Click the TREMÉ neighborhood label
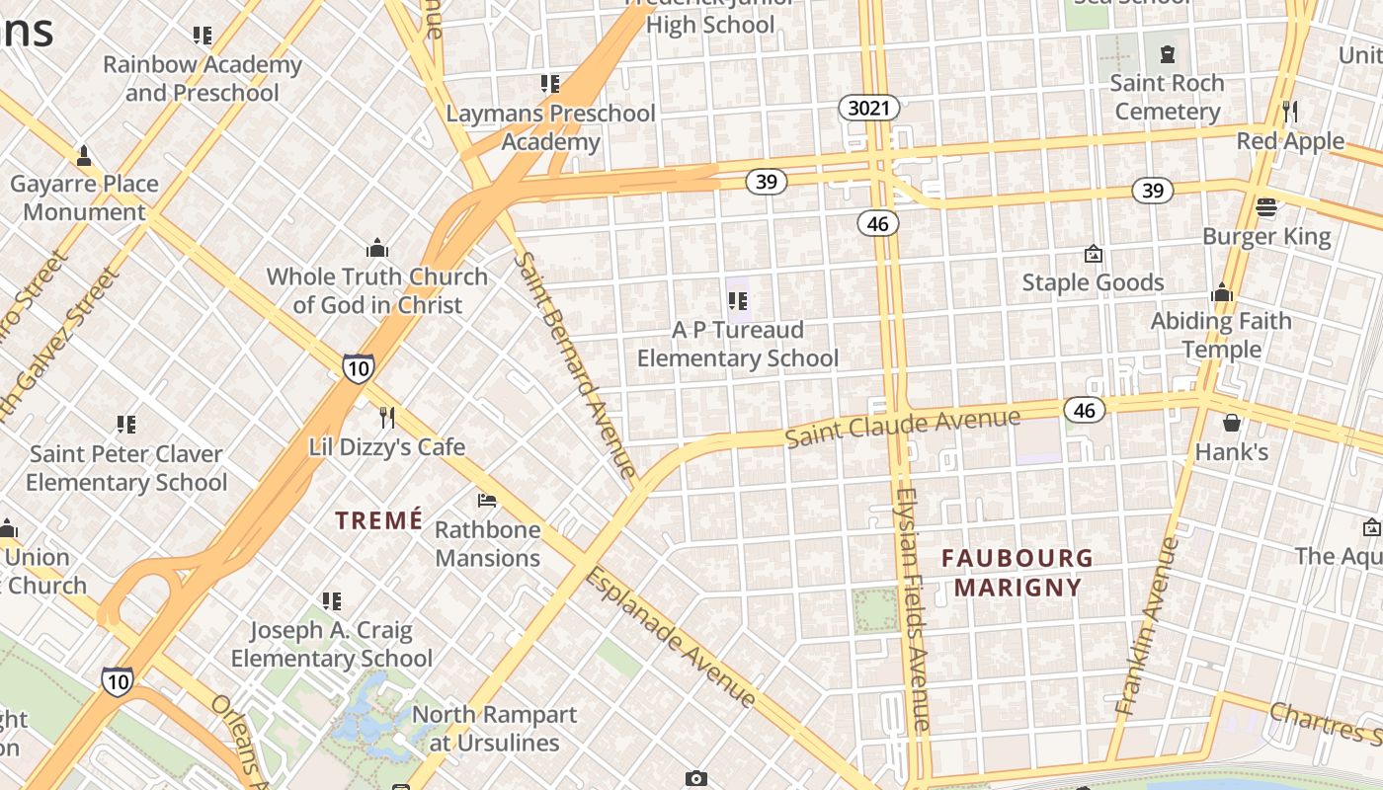378,520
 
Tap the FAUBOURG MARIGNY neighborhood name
1017,573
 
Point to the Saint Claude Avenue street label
903,427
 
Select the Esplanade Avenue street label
671,637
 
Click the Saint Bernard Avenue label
576,365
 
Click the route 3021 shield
869,108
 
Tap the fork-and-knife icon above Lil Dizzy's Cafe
387,418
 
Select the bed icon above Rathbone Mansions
487,501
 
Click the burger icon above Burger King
1266,207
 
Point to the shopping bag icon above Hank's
1232,423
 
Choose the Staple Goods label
1093,282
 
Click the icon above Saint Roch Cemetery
1168,53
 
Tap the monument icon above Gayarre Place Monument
84,155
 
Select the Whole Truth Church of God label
377,290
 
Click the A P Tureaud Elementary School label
737,344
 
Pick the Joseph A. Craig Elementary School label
331,644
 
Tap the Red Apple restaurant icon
1289,110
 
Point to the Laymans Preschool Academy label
550,127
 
